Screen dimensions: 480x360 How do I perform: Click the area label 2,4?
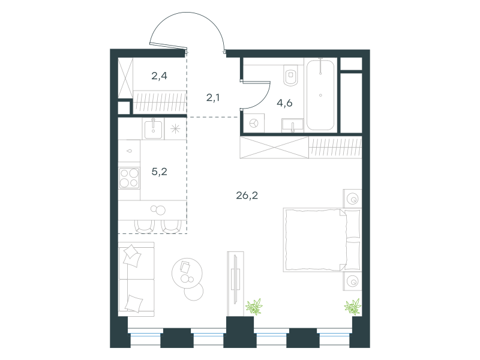[x=159, y=76]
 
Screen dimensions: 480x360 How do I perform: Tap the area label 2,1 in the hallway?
[x=213, y=98]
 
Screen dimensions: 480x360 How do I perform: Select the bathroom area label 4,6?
[x=284, y=103]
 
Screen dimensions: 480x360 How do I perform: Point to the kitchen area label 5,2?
[x=159, y=172]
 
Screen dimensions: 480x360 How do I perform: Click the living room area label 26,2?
[x=247, y=196]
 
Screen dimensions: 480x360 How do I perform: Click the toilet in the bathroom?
[x=290, y=75]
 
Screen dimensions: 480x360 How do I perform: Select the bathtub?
[x=320, y=95]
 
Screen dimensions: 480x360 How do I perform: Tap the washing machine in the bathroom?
[x=254, y=123]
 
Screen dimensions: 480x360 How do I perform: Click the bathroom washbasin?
[x=293, y=126]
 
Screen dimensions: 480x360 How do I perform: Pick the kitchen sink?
[x=153, y=129]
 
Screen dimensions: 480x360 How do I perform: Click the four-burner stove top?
[x=129, y=178]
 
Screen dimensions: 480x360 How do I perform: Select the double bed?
[x=322, y=240]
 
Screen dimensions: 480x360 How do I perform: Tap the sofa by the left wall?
[x=136, y=279]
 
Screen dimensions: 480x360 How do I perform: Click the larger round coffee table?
[x=187, y=273]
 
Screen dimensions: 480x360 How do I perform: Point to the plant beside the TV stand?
[x=254, y=307]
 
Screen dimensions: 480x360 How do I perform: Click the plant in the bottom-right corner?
[x=353, y=307]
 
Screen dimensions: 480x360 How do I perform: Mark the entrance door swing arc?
[x=187, y=12]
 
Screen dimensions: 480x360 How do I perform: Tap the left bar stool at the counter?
[x=144, y=226]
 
